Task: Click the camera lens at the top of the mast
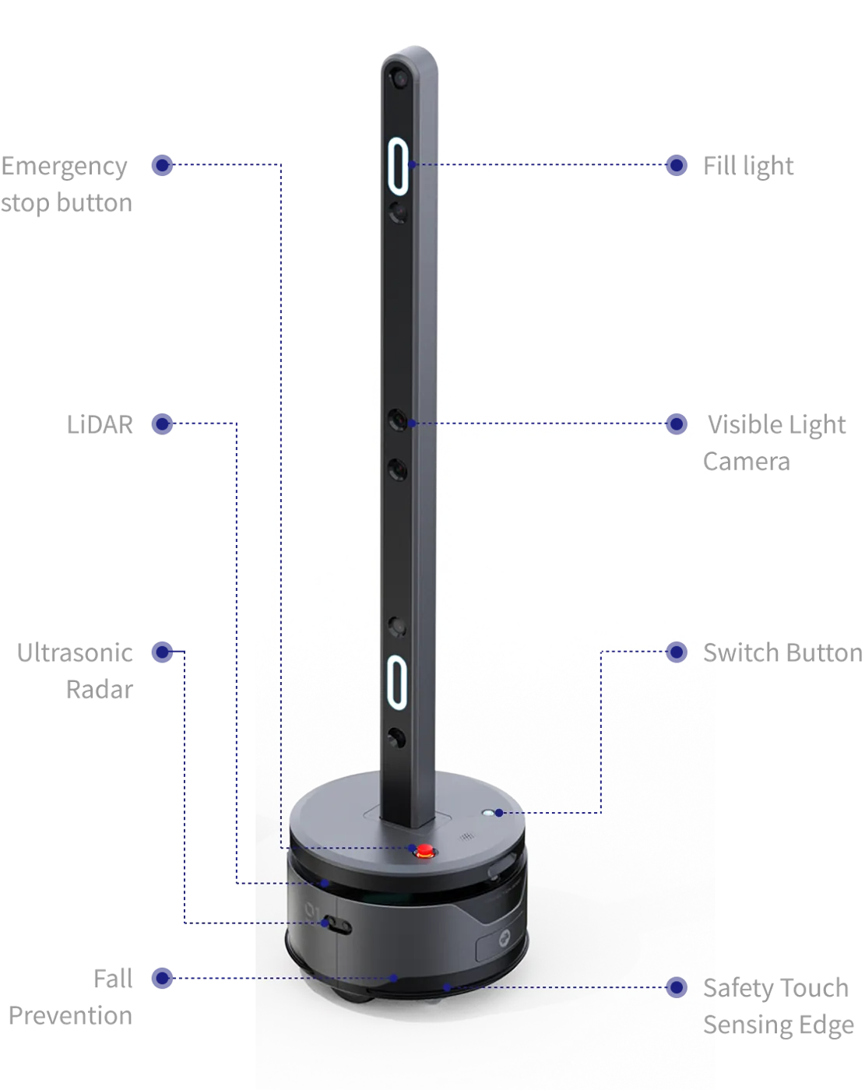(x=399, y=79)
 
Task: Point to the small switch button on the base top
(x=487, y=813)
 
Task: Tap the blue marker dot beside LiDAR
(x=162, y=424)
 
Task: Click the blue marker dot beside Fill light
(x=677, y=165)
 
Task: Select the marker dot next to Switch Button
(x=677, y=652)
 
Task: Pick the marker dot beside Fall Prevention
(x=162, y=978)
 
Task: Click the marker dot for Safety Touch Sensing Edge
(x=677, y=987)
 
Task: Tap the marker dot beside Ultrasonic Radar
(x=162, y=652)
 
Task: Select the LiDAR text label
(x=100, y=424)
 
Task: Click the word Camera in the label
(x=747, y=462)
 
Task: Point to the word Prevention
(x=70, y=1015)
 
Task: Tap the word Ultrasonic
(x=75, y=653)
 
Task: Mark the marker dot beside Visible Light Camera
(x=677, y=424)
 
